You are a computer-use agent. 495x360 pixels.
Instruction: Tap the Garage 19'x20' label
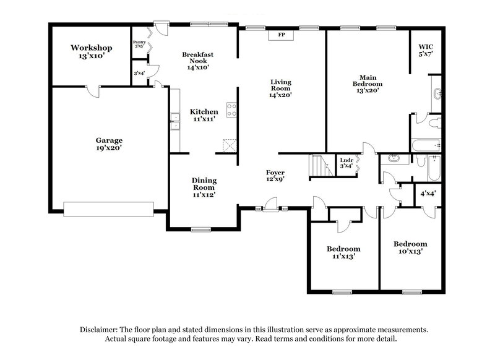[x=108, y=144]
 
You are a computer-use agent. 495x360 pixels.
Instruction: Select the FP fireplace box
[x=281, y=35]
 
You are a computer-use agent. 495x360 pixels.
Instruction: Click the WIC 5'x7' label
[x=426, y=50]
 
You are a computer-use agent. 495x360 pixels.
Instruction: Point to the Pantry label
[x=139, y=44]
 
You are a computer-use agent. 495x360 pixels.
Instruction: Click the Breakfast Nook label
[x=197, y=61]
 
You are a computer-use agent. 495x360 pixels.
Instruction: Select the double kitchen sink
[x=175, y=121]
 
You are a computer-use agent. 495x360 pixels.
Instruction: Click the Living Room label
[x=280, y=88]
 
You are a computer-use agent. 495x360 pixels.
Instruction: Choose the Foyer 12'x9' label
[x=275, y=176]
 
